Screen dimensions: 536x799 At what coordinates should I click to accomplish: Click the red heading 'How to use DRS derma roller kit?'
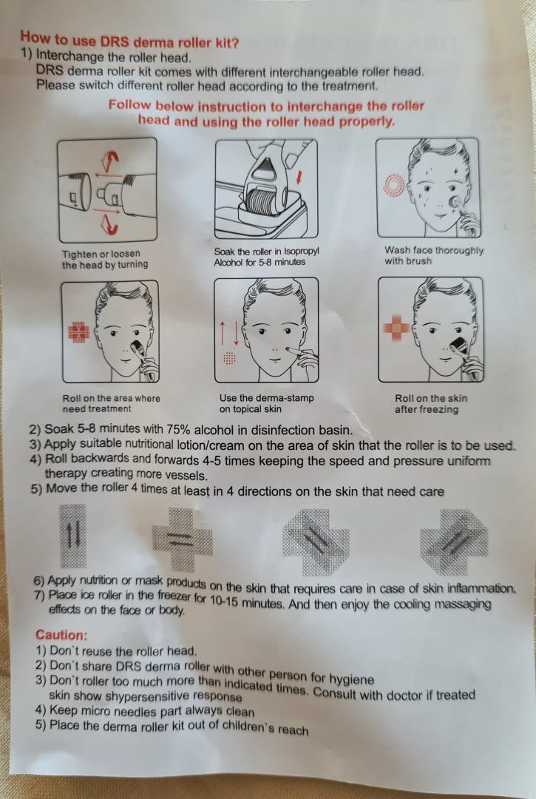pos(129,40)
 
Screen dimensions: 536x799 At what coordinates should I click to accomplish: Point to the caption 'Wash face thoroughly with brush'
pos(434,256)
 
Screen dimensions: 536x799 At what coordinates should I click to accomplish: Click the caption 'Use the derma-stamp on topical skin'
pos(267,403)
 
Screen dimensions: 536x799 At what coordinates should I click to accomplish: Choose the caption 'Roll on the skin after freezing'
pos(430,404)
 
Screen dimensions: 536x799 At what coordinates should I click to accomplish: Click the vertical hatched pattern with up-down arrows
pos(73,536)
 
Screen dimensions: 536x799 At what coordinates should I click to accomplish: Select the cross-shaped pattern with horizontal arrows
pos(182,539)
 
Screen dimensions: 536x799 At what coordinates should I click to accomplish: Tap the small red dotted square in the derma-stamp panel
pos(230,358)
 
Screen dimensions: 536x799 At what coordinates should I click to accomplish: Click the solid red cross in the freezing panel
pos(396,328)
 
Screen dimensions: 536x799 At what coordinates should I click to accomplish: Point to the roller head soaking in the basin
pos(264,201)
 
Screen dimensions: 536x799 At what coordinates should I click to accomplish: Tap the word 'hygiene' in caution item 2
pos(351,678)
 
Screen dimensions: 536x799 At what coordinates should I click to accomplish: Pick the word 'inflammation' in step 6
pos(481,589)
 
